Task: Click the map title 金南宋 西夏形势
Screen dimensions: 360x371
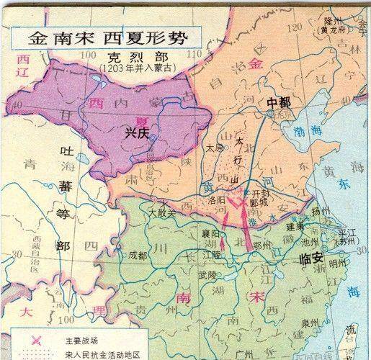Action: click(x=105, y=36)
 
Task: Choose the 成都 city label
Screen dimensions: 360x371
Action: click(x=138, y=254)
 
